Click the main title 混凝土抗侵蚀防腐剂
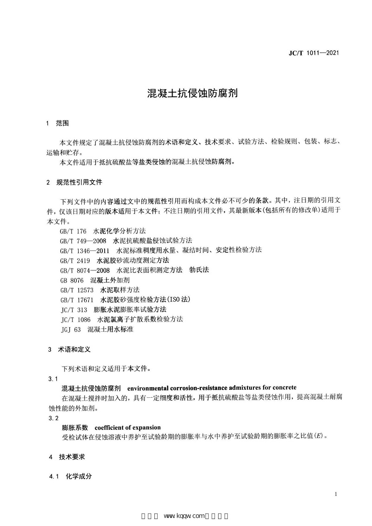click(x=186, y=93)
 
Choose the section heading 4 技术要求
click(x=67, y=457)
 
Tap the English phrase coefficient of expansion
click(x=128, y=427)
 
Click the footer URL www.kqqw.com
click(x=185, y=516)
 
